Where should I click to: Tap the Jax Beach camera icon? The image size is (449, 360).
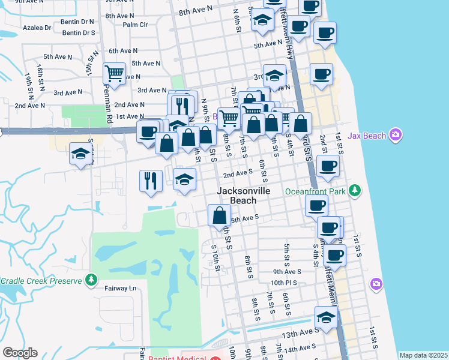tap(395, 134)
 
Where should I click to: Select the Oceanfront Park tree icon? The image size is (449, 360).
tap(356, 191)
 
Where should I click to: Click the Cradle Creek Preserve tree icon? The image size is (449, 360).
tap(91, 280)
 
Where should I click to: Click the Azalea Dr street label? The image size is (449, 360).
tap(37, 28)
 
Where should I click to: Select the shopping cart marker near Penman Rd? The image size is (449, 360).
tap(114, 74)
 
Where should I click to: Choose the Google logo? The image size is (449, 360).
tap(20, 353)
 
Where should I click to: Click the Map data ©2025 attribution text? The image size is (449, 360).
tap(423, 355)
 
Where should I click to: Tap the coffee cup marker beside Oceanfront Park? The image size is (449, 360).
tap(316, 205)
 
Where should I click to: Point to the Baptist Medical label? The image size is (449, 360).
tap(178, 359)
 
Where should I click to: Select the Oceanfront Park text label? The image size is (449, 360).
tap(324, 191)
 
